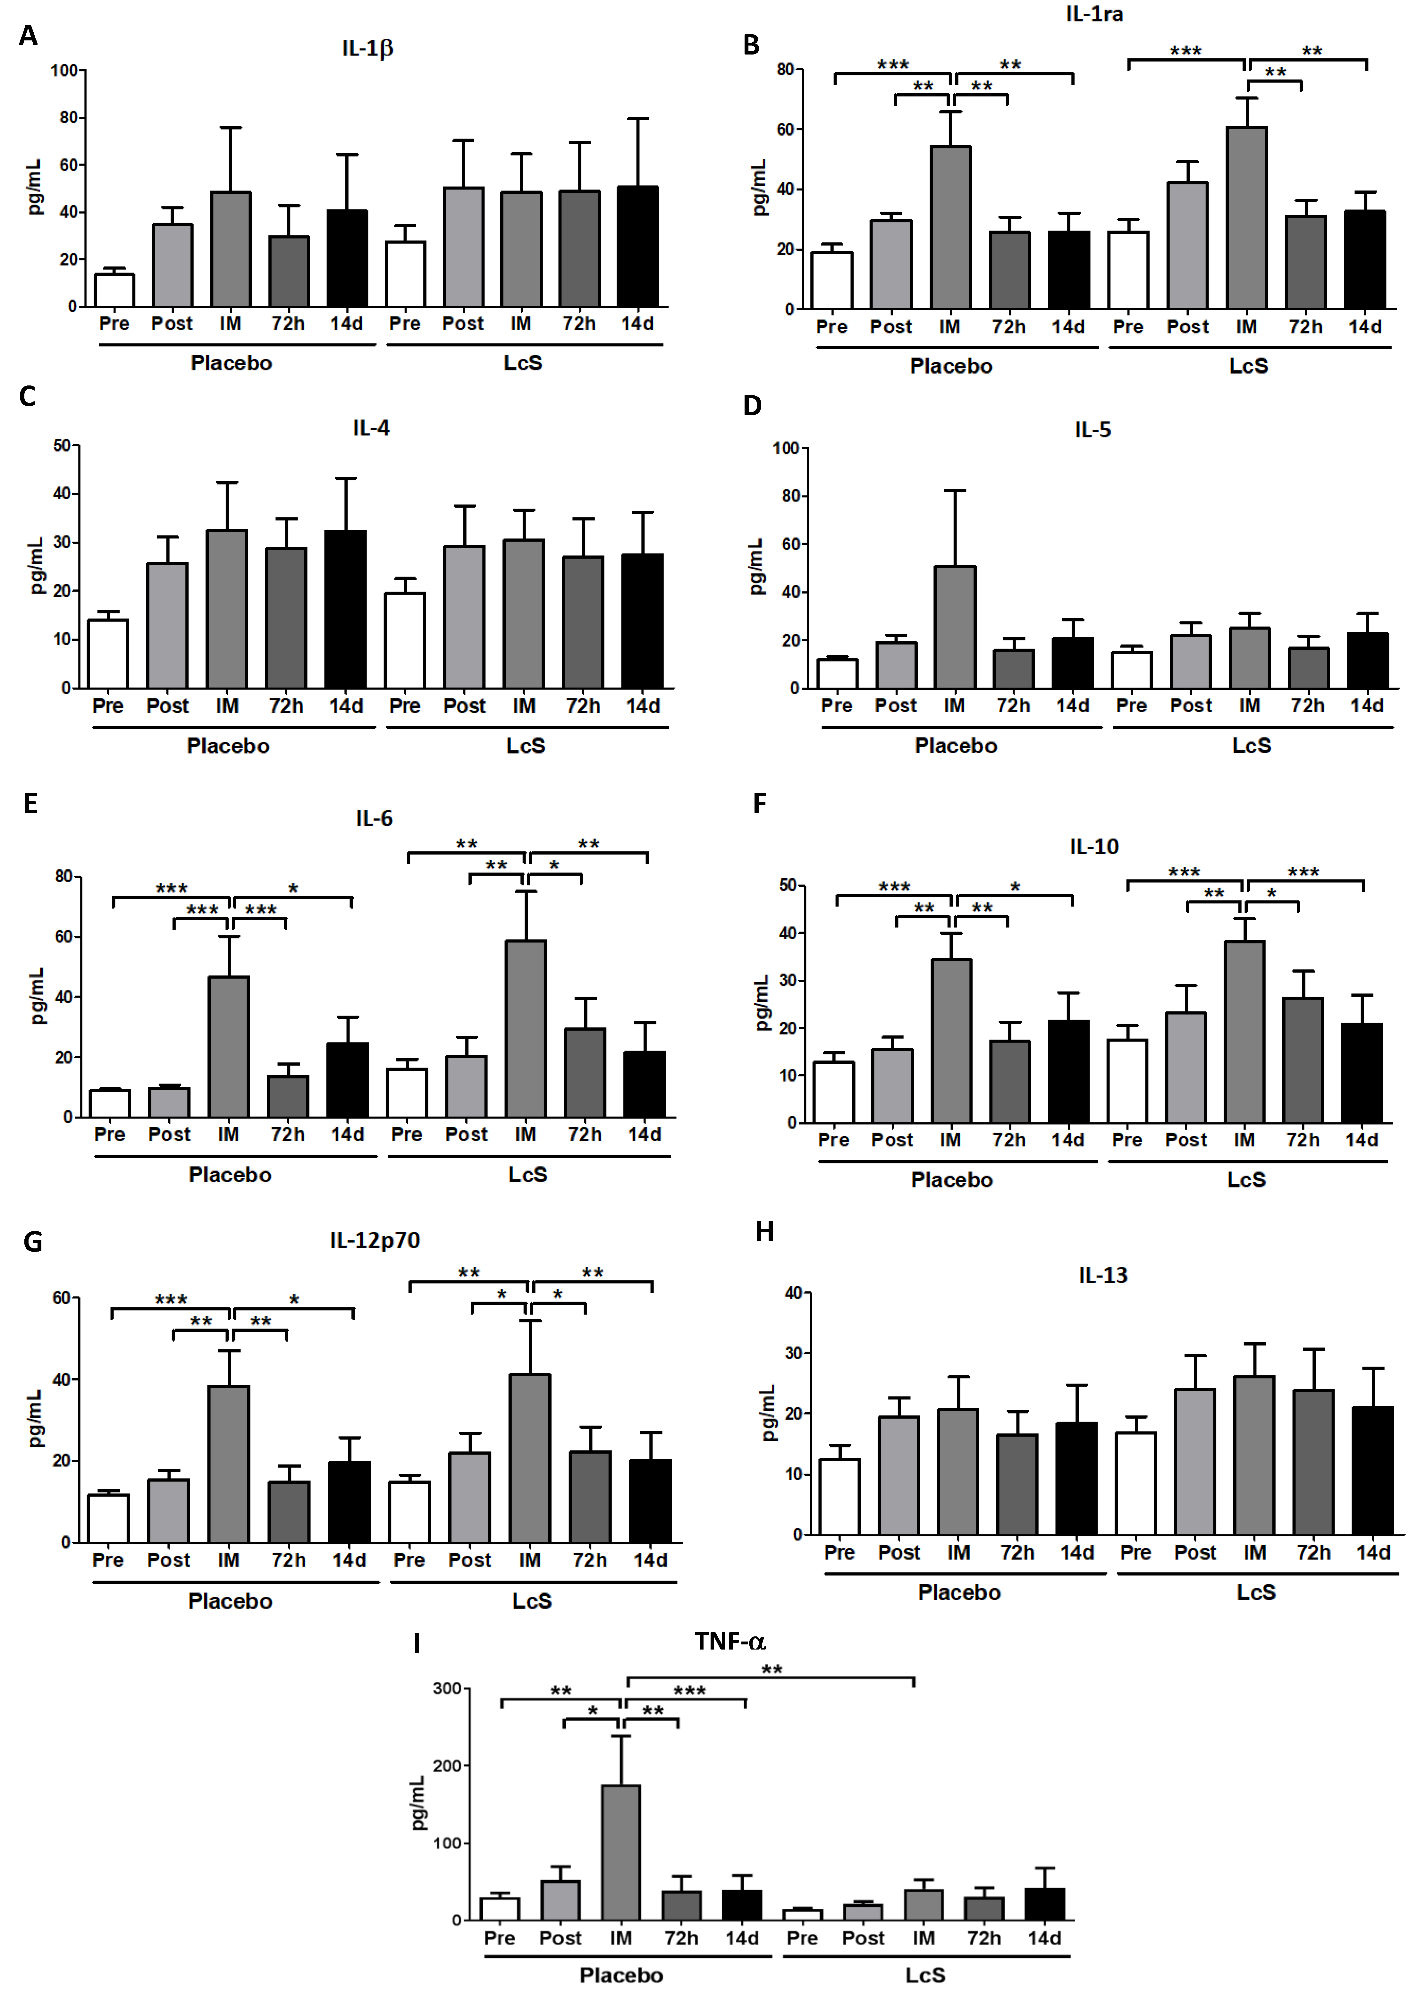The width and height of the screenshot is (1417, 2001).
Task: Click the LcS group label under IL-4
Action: point(525,746)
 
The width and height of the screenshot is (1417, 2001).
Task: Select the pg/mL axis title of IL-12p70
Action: point(35,1418)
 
